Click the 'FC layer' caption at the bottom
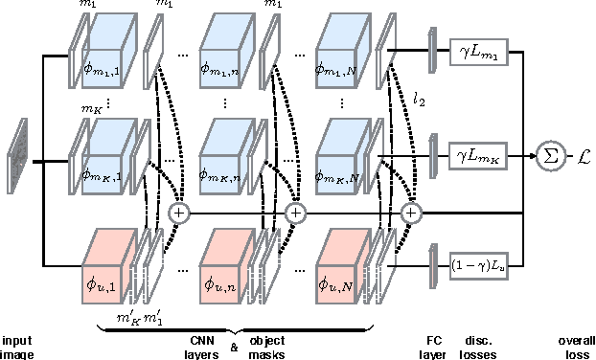coord(435,346)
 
